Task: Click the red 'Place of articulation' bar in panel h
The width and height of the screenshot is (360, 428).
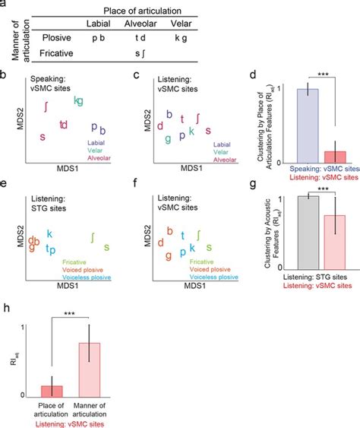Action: click(x=52, y=390)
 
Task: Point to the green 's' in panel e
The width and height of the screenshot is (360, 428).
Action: click(x=106, y=246)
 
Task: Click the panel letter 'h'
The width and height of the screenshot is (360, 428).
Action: click(x=6, y=309)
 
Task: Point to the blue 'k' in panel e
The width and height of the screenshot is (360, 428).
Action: click(x=50, y=233)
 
